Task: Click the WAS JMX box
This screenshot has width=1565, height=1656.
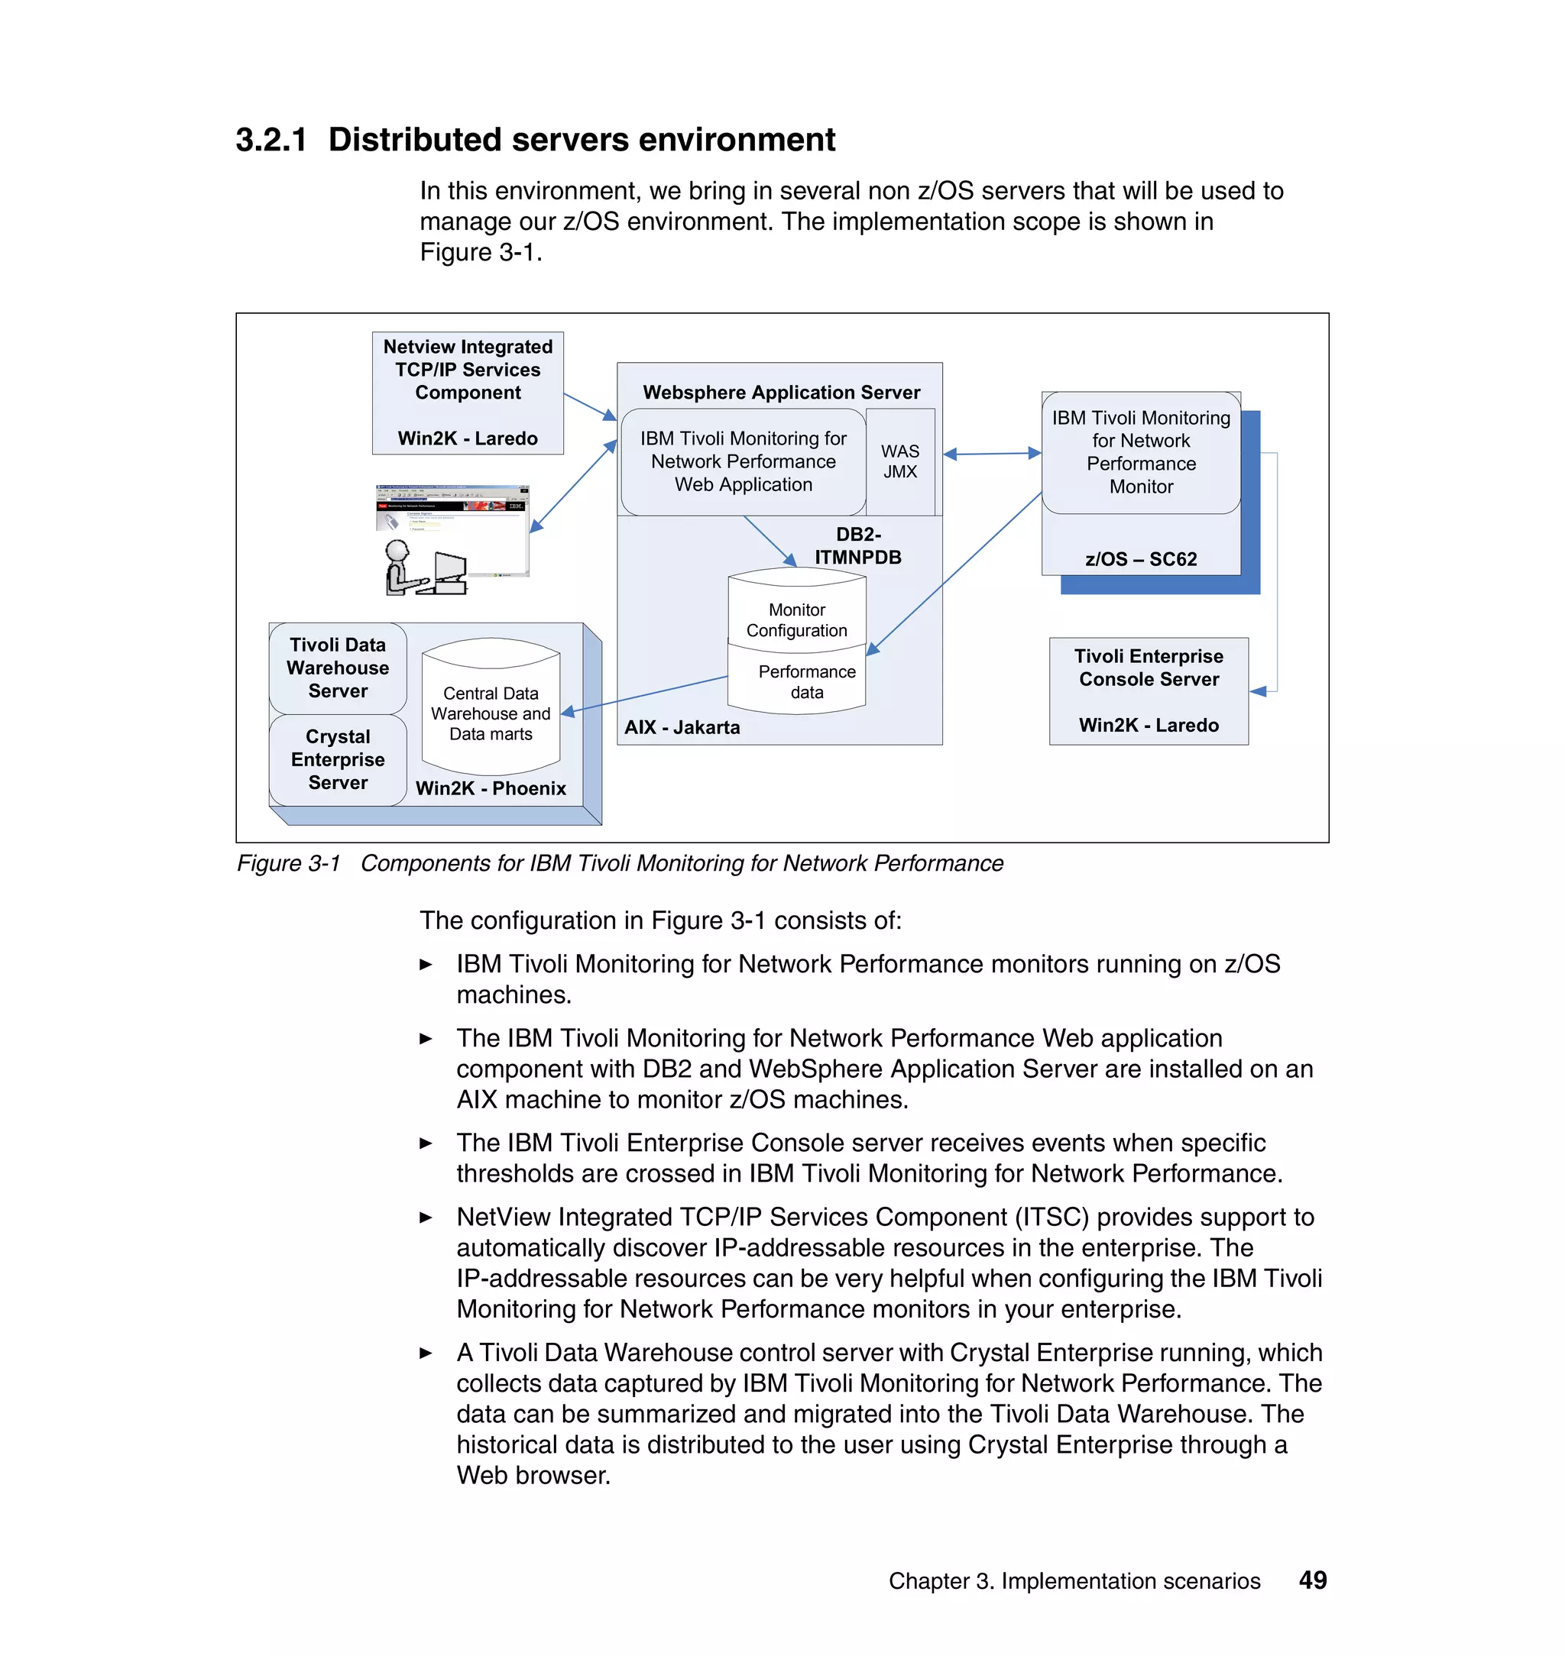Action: tap(900, 461)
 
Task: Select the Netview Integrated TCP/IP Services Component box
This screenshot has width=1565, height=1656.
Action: tap(467, 392)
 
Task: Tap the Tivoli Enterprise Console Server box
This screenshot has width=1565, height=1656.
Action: tap(1148, 691)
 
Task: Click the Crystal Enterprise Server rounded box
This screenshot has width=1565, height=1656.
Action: tap(338, 759)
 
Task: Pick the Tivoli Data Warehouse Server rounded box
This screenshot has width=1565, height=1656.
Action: tap(338, 668)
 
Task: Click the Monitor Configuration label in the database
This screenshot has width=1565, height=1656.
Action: tap(797, 620)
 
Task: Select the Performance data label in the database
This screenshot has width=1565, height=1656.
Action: tap(806, 682)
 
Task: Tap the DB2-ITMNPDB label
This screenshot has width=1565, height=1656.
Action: tap(857, 546)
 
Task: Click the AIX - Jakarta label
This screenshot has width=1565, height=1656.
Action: tap(682, 727)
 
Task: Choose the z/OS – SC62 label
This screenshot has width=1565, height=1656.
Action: tap(1140, 558)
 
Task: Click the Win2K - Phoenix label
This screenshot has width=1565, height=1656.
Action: tap(491, 788)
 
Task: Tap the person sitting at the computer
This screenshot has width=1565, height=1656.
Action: tap(404, 568)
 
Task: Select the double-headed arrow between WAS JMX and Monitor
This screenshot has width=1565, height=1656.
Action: tap(992, 454)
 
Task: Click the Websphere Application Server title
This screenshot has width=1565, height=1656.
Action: tap(781, 392)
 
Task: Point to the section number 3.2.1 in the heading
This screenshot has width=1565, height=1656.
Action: tap(271, 139)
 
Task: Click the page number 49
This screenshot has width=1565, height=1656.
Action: tap(1312, 1580)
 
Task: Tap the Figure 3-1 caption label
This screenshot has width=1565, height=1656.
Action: tap(289, 863)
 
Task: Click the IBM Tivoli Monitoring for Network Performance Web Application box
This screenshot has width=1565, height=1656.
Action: tap(743, 461)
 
